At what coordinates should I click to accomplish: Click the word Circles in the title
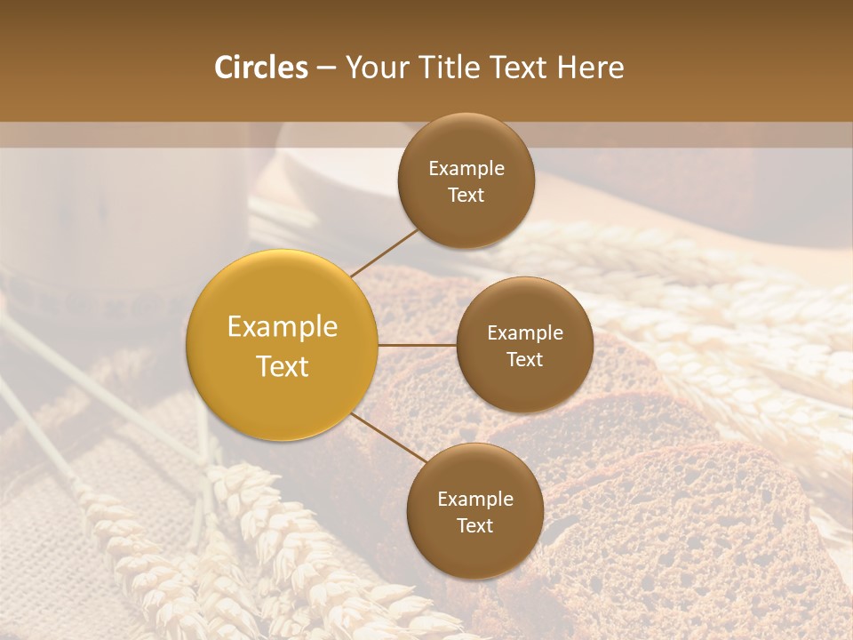(260, 68)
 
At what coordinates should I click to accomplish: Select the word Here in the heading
(591, 68)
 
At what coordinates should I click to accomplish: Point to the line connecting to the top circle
(383, 252)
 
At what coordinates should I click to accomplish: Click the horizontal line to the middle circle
(417, 345)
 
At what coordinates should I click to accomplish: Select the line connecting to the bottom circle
(389, 437)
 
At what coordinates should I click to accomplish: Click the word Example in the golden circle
(283, 327)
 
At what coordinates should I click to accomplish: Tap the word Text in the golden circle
(283, 366)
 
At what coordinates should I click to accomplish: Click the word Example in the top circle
(466, 169)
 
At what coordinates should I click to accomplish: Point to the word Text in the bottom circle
(474, 526)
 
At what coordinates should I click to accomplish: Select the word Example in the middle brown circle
(525, 333)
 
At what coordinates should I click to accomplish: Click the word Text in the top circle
(466, 196)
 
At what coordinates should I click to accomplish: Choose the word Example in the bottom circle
(475, 500)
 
